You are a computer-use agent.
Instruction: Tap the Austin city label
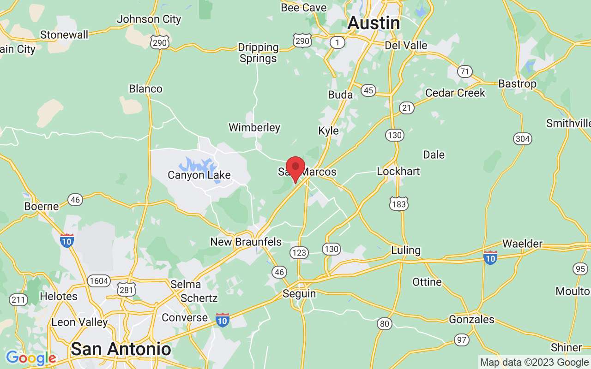[x=374, y=23]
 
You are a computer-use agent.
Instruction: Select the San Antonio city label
[x=121, y=349]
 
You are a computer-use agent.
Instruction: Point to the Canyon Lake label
[x=199, y=175]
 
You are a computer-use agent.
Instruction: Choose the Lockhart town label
[x=398, y=171]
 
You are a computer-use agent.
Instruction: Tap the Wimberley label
[x=254, y=127]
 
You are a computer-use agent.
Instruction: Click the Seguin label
[x=299, y=293]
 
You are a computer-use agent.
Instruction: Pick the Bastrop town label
[x=517, y=83]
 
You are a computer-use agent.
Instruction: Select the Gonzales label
[x=471, y=319]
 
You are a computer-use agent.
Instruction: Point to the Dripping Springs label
[x=258, y=53]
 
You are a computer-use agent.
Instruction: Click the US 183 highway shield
[x=398, y=203]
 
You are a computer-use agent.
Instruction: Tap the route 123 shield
[x=299, y=252]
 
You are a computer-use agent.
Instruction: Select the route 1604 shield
[x=99, y=281]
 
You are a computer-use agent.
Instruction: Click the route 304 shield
[x=522, y=138]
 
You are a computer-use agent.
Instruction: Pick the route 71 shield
[x=465, y=71]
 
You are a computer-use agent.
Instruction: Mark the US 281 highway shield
[x=126, y=290]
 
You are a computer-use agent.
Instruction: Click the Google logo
[x=31, y=358]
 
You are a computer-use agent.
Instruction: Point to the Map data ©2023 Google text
[x=534, y=363]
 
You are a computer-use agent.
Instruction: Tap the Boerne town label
[x=42, y=206]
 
